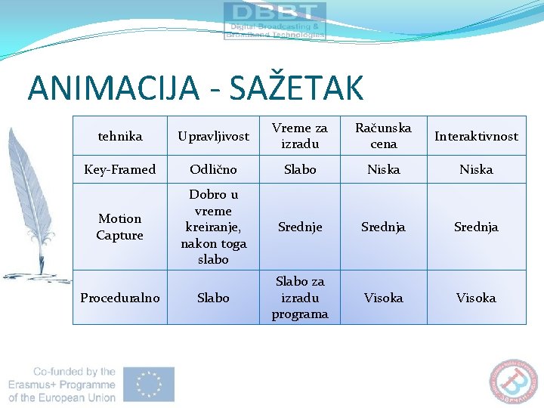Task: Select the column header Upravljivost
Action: pos(212,136)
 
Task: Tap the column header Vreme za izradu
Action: pos(299,136)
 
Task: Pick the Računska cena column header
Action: pos(383,136)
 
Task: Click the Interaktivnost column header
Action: pos(476,136)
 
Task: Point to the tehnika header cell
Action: pos(119,136)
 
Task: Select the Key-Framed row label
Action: pos(119,169)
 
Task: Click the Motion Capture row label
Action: pos(119,227)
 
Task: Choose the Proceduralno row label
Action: pos(119,298)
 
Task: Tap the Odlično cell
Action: pos(212,169)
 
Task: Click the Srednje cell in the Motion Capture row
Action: pos(299,227)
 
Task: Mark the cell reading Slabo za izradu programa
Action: pos(299,298)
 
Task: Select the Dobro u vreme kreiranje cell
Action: pos(212,227)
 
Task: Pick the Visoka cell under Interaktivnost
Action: pos(476,298)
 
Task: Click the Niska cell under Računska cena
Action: pos(383,169)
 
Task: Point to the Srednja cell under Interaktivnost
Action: pos(476,227)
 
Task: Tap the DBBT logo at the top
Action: pos(274,20)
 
